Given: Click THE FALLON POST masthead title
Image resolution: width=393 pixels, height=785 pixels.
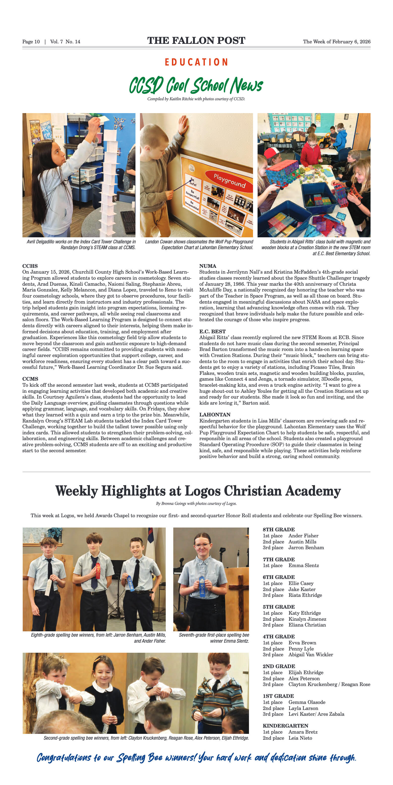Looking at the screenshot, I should [196, 41].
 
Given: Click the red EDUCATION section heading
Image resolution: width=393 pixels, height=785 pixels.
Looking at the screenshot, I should [196, 62].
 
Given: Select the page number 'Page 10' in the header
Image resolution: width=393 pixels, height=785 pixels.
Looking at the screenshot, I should [31, 42].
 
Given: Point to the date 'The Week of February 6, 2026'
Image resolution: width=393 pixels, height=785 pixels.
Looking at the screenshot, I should [336, 42].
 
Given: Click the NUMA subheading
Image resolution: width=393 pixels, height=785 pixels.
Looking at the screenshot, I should [208, 266].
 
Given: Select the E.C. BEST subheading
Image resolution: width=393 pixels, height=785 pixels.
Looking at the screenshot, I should [212, 331].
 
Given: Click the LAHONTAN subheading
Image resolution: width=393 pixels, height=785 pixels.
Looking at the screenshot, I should [215, 414].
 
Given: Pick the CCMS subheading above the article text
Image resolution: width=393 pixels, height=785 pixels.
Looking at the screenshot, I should [30, 379].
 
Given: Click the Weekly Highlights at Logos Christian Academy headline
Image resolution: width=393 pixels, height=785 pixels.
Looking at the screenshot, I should [198, 491].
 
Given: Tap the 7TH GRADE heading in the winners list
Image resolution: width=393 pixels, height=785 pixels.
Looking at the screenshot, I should [278, 559].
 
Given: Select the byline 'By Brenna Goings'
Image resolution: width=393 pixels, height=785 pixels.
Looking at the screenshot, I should [196, 503].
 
